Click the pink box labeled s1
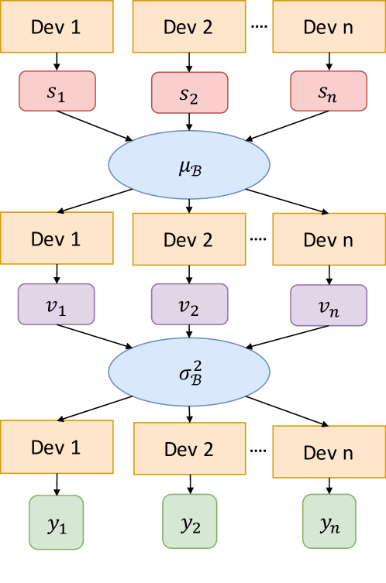tap(57, 92)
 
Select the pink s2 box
tap(189, 94)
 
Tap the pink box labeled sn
tap(329, 92)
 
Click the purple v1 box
tap(57, 304)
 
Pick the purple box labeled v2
tap(189, 304)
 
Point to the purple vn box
tap(329, 305)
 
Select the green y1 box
tap(57, 523)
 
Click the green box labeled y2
tap(189, 523)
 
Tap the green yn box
tap(329, 523)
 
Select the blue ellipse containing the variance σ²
tap(189, 372)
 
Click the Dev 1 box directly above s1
tap(56, 26)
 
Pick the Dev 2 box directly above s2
tap(188, 26)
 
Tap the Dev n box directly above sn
tap(329, 26)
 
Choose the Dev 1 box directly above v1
tap(56, 238)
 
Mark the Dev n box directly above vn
tap(329, 240)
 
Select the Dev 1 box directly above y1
tap(56, 447)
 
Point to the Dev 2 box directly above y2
tap(188, 450)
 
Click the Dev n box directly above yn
tap(329, 451)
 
